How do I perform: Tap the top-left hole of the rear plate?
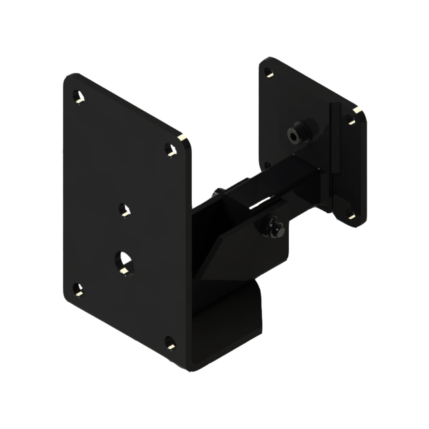268,72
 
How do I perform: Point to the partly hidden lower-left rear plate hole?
267,164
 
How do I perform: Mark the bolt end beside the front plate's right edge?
217,194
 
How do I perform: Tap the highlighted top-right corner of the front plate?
182,139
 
